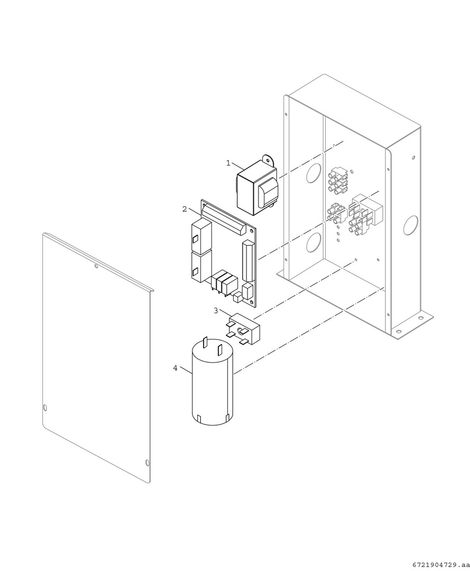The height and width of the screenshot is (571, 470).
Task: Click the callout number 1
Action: [x=228, y=163]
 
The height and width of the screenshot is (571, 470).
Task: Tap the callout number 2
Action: [x=185, y=209]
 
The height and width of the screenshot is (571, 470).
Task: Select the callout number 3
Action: [x=216, y=311]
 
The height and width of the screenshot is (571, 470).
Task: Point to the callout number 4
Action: [x=175, y=368]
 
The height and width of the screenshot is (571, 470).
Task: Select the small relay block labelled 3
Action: [x=244, y=329]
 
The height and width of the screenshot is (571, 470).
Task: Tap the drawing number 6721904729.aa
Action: [x=440, y=565]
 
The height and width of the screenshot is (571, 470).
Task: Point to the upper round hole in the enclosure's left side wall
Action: [x=314, y=172]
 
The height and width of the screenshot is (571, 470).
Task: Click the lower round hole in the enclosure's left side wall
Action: [x=314, y=243]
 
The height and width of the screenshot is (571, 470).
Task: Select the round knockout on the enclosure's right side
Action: [x=411, y=225]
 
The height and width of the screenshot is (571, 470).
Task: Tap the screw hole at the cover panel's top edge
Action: [x=96, y=266]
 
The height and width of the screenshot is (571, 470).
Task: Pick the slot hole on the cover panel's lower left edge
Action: [x=45, y=407]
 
